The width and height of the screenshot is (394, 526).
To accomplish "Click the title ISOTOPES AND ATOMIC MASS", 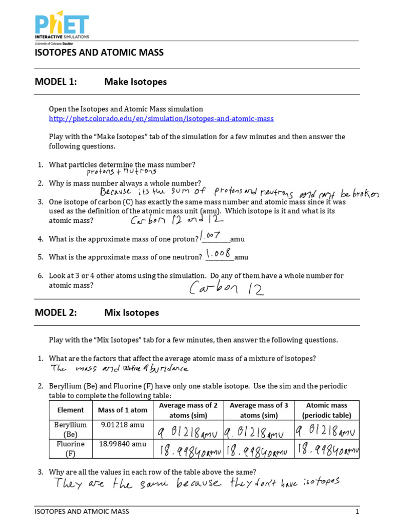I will coord(99,53).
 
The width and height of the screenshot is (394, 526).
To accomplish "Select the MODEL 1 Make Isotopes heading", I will coord(101,82).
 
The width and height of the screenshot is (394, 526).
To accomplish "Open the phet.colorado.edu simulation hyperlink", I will coord(161,119).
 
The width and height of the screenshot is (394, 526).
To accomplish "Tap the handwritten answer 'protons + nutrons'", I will coord(122,172).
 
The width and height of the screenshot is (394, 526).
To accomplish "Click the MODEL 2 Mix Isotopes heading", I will coord(97,312).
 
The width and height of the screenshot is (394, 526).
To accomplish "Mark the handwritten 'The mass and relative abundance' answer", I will coord(119,368).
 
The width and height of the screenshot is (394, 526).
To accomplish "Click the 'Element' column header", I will coord(70,410).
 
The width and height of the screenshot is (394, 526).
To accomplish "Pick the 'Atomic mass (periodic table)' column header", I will coord(327,410).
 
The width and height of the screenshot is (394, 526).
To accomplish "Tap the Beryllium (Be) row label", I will coord(70,429).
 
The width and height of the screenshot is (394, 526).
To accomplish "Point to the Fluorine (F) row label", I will coord(70,448).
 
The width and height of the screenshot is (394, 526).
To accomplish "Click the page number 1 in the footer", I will coord(357,512).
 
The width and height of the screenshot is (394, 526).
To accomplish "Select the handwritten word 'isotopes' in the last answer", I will coord(322,481).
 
